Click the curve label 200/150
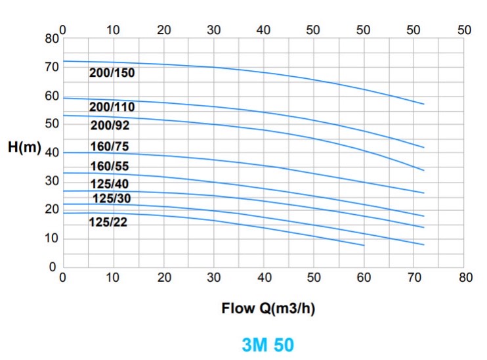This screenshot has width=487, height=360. [x=112, y=73]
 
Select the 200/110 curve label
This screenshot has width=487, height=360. [x=112, y=107]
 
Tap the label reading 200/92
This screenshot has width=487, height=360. [x=110, y=125]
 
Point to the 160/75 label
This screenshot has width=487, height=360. [x=110, y=146]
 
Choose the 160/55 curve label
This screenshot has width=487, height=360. [x=110, y=166]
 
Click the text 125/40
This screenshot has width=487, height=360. [x=110, y=184]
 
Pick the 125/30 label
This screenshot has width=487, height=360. [x=112, y=198]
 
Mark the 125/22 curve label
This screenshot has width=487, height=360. [x=108, y=222]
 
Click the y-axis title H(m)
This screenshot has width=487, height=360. [x=24, y=146]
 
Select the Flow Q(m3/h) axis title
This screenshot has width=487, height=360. [x=268, y=308]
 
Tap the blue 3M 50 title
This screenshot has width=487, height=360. [x=268, y=345]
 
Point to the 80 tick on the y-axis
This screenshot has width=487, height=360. [x=52, y=39]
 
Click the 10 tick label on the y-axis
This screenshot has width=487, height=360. [x=52, y=238]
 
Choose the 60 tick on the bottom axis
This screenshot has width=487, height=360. [x=364, y=277]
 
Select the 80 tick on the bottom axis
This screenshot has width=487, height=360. [x=465, y=277]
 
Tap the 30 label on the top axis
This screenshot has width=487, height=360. [x=214, y=30]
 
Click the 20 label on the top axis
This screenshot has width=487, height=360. [x=163, y=30]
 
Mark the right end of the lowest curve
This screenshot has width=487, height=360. [x=364, y=246]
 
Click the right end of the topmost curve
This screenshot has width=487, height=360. [x=424, y=104]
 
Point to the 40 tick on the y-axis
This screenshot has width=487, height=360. [x=52, y=152]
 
